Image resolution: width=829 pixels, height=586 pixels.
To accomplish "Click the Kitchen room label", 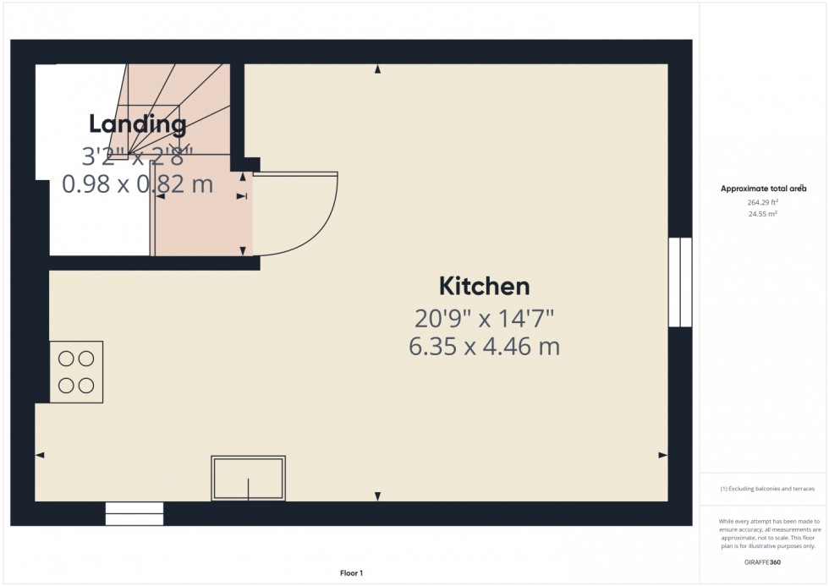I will coord(484,286).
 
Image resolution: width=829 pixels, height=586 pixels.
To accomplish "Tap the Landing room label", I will coord(138,124).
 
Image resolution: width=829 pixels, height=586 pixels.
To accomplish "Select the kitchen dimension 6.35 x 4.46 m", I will coord(484,346).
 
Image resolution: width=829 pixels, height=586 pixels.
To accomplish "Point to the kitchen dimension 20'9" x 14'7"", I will coord(484,318).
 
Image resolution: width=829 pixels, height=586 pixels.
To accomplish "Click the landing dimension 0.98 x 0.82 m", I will coord(138,183).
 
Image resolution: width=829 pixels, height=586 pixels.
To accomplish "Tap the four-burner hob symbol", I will coord(76,371).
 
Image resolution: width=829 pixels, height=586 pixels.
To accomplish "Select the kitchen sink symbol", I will coord(248,479).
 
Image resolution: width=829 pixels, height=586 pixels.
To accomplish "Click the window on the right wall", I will coord(680,282).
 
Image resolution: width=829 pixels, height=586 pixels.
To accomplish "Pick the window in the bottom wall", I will coord(134,513).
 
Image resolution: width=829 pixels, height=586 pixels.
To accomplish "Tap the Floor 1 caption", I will coord(350,573).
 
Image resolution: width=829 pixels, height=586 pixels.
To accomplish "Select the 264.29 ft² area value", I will coord(763,202).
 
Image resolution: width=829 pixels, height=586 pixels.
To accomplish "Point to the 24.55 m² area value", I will coord(763,214).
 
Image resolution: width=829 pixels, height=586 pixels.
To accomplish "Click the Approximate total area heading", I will coord(763,189).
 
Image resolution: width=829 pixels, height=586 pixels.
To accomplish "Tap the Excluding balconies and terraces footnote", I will coord(766,489).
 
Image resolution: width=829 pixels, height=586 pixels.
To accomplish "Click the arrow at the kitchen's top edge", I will coord(377,69).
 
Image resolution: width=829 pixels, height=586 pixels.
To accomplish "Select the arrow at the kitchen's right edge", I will coord(662,455).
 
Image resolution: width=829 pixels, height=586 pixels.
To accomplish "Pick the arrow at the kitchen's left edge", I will coord(40,455).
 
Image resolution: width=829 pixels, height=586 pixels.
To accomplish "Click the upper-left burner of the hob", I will coord(66,357).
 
